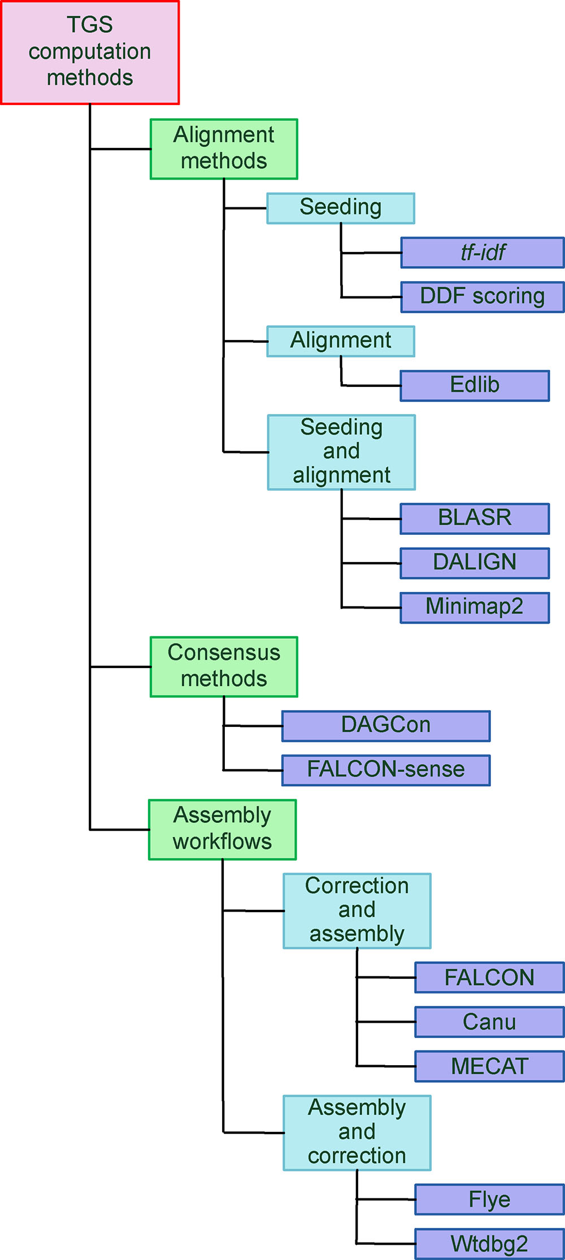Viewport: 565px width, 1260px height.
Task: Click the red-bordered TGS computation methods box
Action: point(90,52)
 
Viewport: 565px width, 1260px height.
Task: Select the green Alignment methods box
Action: point(224,149)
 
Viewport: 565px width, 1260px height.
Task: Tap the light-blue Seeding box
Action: point(341,208)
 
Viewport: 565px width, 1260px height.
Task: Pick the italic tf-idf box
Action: point(483,252)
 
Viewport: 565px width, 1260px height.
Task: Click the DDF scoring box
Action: point(483,297)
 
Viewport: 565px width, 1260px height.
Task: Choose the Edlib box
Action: point(475,386)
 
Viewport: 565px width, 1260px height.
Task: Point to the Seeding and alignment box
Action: point(341,452)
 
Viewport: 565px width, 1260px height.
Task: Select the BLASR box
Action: point(475,518)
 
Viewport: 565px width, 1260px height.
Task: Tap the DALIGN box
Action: point(475,563)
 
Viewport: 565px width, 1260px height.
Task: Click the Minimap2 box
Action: point(475,608)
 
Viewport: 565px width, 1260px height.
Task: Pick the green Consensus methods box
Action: point(224,667)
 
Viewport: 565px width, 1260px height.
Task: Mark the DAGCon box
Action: point(386,726)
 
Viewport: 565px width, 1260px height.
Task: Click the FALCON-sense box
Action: point(386,770)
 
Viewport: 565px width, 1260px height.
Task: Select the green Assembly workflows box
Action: point(223,830)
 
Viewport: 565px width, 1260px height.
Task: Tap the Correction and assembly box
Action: point(357,911)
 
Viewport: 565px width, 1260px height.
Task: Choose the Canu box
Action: point(489,1022)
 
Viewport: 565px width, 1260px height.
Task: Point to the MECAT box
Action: point(489,1066)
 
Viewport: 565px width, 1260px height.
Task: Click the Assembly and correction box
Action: point(357,1132)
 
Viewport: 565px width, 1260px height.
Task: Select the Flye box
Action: point(489,1200)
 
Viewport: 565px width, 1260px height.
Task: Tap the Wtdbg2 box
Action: point(489,1244)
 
